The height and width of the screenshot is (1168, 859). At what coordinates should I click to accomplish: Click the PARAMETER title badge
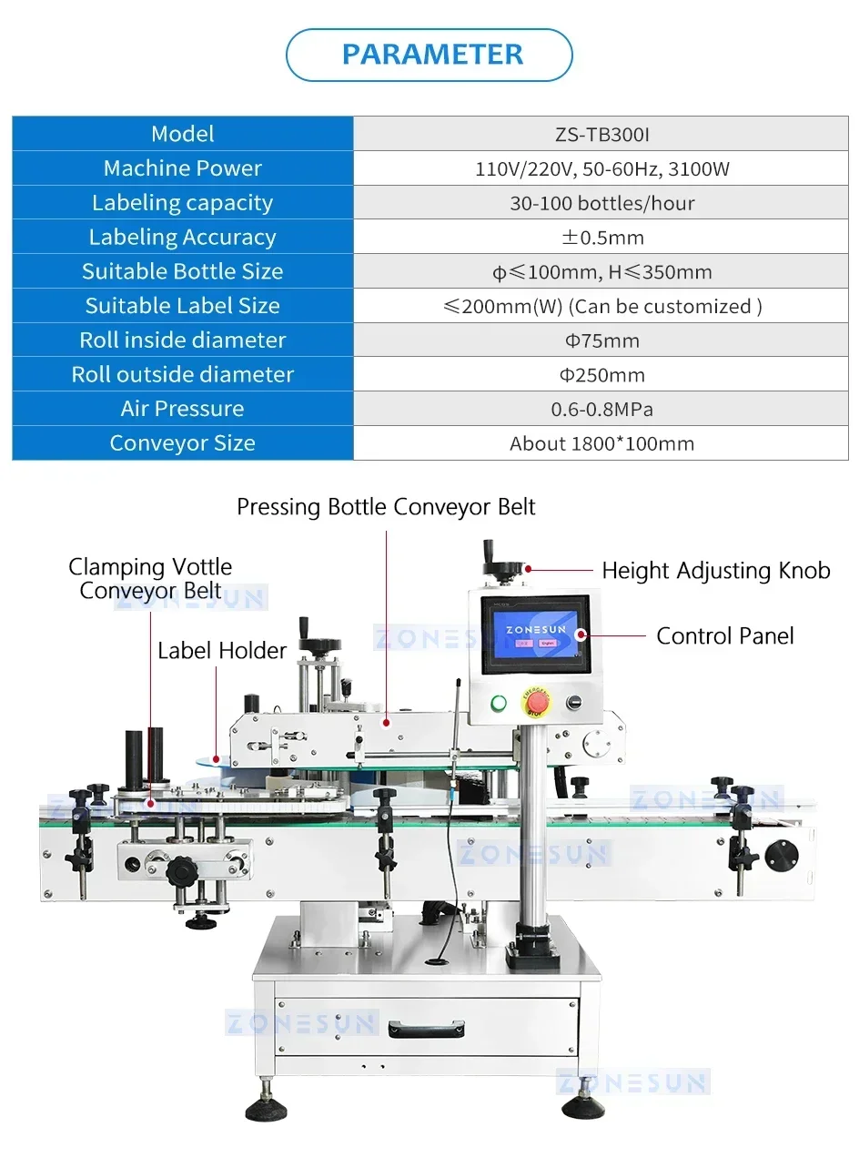point(429,55)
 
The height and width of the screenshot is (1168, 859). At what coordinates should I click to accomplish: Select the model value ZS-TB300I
point(601,135)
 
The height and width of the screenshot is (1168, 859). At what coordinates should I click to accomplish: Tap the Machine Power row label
point(182,168)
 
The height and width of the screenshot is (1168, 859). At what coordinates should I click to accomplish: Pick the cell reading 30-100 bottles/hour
point(601,203)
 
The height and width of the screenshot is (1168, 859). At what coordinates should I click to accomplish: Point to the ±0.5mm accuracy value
point(601,238)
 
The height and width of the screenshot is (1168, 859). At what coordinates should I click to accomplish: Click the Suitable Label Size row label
point(182,306)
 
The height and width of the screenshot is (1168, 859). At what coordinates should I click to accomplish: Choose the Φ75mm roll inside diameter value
point(601,340)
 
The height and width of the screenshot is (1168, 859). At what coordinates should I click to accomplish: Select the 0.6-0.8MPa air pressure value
point(601,409)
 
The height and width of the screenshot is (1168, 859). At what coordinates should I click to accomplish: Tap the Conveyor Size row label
point(182,443)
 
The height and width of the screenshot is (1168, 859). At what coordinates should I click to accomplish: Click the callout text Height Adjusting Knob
point(715,571)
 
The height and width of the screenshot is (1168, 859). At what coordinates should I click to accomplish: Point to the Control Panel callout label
point(724,635)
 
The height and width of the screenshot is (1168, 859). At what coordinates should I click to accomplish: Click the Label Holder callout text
point(222,650)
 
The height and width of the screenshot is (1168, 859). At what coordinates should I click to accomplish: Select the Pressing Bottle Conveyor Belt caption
point(386,507)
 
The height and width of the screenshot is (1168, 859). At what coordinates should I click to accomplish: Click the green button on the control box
point(498,703)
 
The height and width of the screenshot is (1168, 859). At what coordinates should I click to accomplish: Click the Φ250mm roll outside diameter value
point(601,375)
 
